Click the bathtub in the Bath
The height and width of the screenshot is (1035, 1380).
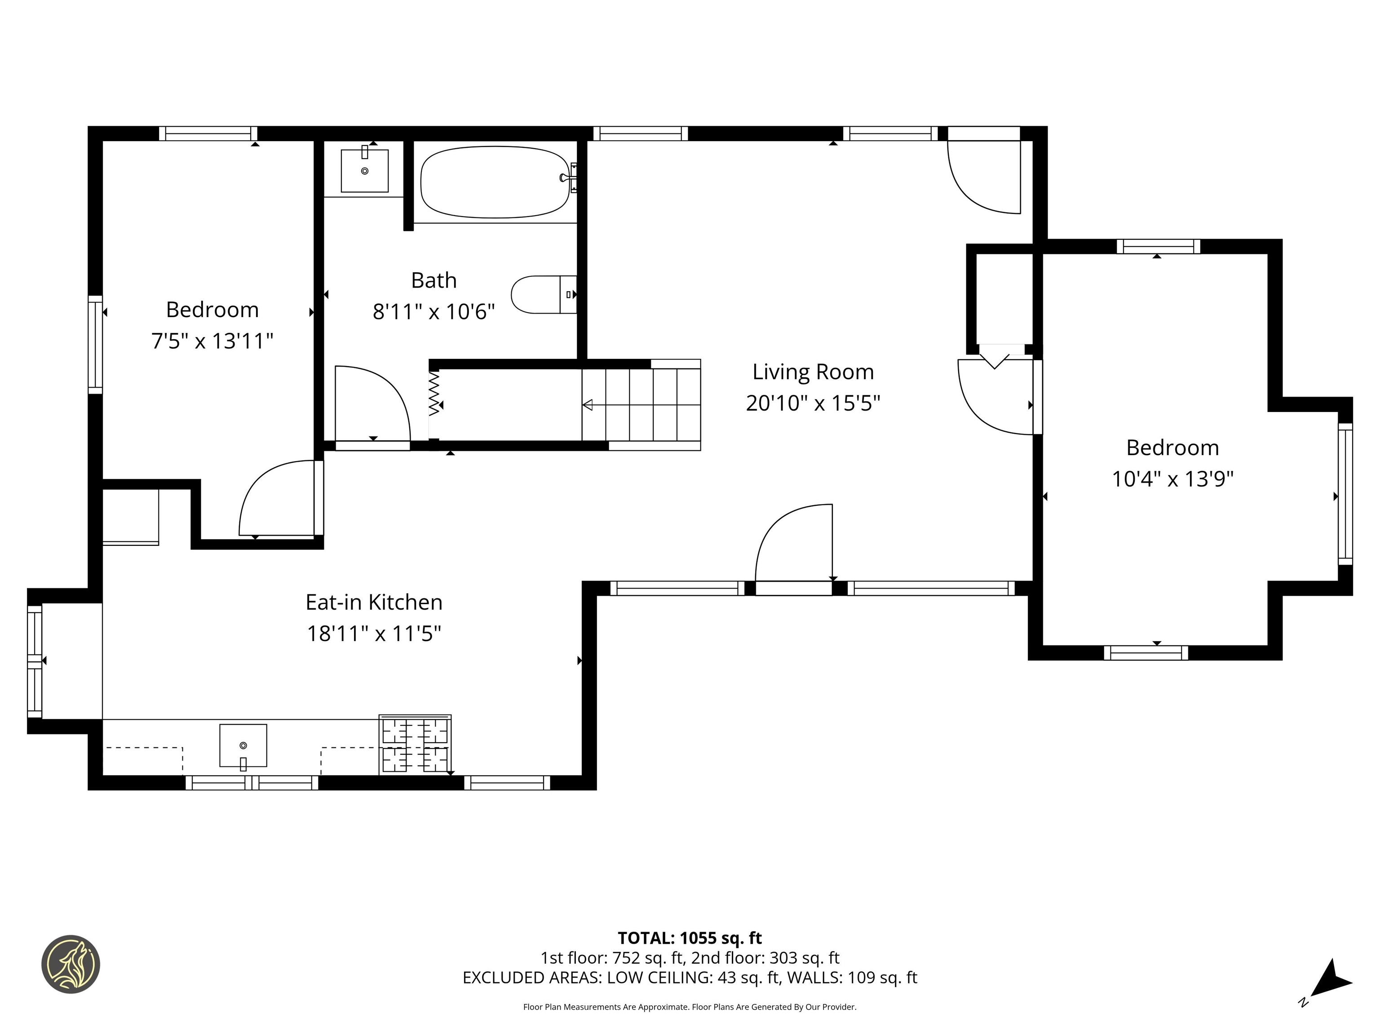(x=495, y=182)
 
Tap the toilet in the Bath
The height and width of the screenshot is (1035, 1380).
(x=540, y=295)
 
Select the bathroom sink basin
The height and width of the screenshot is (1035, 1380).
(x=364, y=170)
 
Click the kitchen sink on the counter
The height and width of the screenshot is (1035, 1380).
(x=243, y=746)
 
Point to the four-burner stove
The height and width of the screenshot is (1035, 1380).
(x=415, y=746)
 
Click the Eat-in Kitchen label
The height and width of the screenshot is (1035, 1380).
(x=374, y=602)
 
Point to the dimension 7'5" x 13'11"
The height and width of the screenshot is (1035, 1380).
(x=212, y=341)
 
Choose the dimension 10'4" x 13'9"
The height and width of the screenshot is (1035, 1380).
(x=1172, y=479)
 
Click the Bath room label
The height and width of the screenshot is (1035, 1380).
(x=433, y=280)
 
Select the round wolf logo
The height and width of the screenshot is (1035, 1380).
(x=71, y=964)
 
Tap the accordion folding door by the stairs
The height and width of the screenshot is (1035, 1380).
(x=434, y=394)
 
